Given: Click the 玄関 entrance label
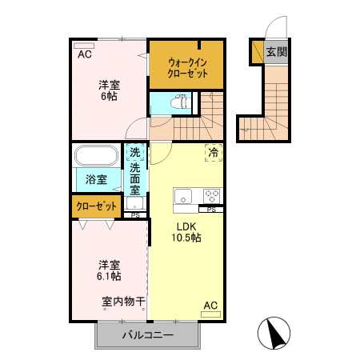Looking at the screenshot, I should coord(277,52).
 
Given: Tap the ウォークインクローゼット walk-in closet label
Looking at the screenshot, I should coord(188,67).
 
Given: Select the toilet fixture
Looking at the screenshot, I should coord(180,102).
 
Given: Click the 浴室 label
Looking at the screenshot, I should coord(97,180).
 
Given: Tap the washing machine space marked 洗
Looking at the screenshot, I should coord(135,152).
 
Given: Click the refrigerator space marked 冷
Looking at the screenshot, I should coord(214,152).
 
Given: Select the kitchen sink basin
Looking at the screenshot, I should coord(183,195).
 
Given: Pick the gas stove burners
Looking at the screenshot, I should coord(212,194).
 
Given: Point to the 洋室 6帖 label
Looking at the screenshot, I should coord(109,90).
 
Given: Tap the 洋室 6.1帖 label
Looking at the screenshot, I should coord(110,270).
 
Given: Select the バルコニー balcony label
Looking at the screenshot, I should coord(147,334).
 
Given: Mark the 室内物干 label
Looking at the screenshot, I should coord(123,302).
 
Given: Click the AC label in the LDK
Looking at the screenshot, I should coord(210,305).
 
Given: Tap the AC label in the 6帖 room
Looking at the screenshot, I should coord(83,54).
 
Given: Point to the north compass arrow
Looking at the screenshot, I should coord(274,332).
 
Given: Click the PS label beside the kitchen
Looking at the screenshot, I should coord(211,209).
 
